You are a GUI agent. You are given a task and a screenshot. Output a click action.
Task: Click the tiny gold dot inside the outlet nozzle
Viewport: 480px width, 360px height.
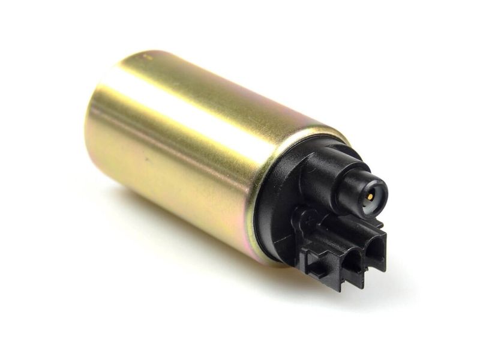point(370,196)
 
